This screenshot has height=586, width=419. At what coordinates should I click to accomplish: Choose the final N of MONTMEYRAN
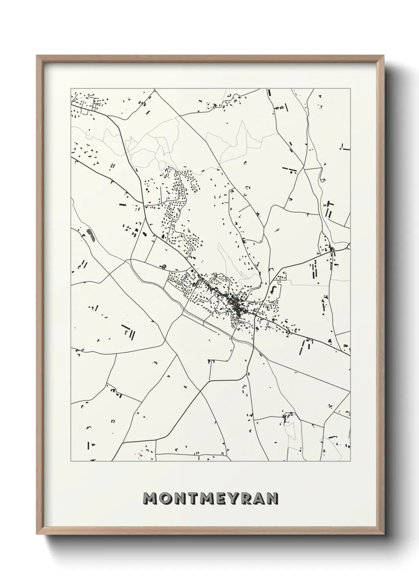(x=272, y=499)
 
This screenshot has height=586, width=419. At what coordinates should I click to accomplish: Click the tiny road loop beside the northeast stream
(x=323, y=180)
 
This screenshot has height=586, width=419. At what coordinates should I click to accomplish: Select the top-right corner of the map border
(x=350, y=89)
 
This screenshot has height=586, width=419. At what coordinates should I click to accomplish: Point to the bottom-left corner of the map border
(x=71, y=461)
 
